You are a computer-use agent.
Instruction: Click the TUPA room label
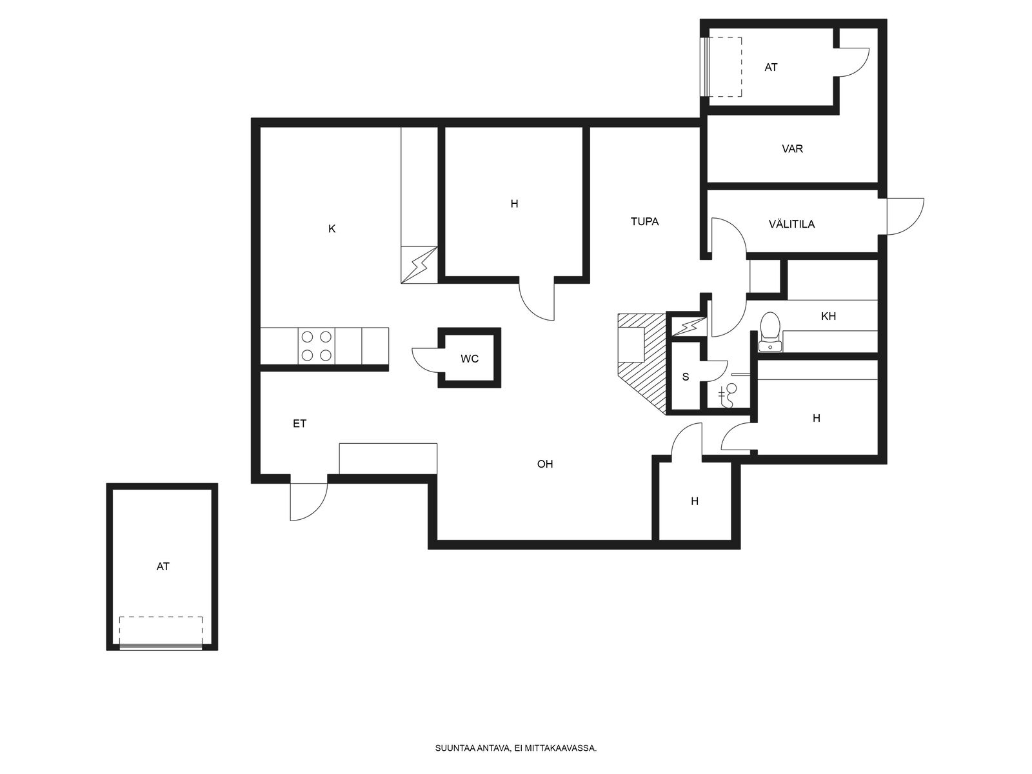(x=644, y=221)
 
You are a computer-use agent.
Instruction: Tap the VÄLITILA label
(x=791, y=224)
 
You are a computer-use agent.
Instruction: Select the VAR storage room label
(x=792, y=148)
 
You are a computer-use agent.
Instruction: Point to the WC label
(x=469, y=359)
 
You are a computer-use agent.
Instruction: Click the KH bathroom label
(x=828, y=316)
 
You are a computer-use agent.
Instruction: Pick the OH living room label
(x=545, y=464)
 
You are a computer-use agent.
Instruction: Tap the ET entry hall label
(x=299, y=423)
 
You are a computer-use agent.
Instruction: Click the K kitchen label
(x=332, y=229)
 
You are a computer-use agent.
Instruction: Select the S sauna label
(x=686, y=377)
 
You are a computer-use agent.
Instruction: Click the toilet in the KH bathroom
(x=770, y=331)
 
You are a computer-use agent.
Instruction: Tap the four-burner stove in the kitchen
(x=317, y=346)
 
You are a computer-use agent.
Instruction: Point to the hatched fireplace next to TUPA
(x=642, y=362)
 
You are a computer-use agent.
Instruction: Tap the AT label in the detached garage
(x=163, y=566)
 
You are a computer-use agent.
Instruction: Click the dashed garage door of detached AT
(x=161, y=633)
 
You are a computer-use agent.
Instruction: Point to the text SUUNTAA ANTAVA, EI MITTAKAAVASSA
(x=516, y=748)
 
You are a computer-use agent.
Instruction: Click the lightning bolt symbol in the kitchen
(x=419, y=265)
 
